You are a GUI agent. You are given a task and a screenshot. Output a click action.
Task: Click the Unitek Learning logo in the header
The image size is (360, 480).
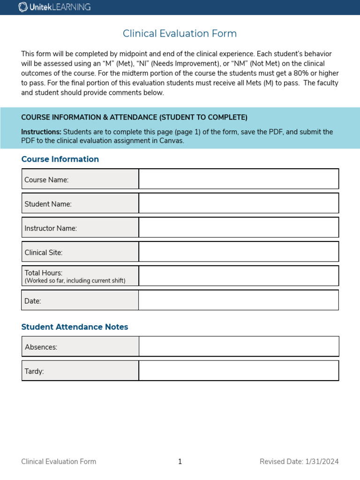point(54,7)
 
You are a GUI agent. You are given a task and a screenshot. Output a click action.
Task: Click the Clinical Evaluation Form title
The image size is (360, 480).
point(180,34)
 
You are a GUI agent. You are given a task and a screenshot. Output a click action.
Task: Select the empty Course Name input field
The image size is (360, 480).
point(239,179)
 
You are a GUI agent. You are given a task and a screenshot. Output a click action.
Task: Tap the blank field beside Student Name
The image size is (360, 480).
point(239,203)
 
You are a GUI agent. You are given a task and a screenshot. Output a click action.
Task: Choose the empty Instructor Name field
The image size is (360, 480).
point(239,227)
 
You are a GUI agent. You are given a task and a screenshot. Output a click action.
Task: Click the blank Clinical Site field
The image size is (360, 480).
point(239,252)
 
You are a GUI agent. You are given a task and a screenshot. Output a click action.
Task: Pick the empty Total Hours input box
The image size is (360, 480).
point(239,276)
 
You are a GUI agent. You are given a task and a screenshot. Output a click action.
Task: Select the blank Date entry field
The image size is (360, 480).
point(239,300)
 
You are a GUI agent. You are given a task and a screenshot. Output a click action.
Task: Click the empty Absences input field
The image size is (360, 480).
point(239,346)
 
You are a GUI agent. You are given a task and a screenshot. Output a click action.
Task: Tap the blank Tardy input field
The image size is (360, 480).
point(239,370)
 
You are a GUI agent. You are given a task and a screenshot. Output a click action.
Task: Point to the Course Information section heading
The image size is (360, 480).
point(60,159)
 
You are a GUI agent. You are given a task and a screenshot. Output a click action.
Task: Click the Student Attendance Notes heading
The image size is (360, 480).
point(75,327)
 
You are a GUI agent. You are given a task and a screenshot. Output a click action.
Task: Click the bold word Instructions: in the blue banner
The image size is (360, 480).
point(41,132)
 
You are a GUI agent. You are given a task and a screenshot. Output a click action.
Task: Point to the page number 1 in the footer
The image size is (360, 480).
point(180,462)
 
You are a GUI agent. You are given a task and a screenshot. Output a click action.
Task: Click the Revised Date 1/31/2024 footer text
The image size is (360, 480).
point(299,462)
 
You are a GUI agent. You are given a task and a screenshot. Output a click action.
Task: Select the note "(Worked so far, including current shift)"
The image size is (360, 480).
point(75,281)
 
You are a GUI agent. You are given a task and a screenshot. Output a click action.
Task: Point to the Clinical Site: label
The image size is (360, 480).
point(44,252)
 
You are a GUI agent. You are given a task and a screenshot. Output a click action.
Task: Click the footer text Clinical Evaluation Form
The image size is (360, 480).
point(59,462)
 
